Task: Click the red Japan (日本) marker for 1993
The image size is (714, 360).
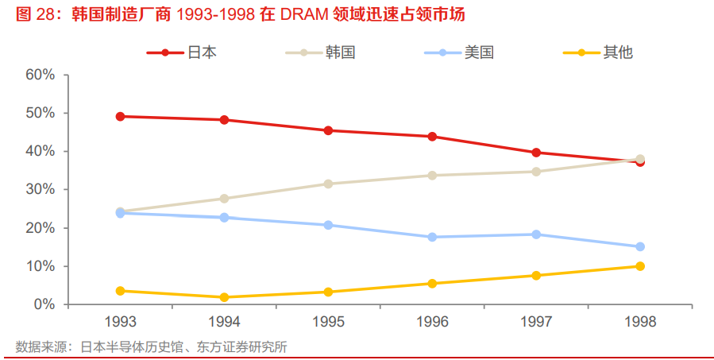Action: [x=121, y=116]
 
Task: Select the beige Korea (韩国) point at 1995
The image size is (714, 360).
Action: [x=328, y=184]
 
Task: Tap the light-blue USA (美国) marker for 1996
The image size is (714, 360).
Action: [x=432, y=237]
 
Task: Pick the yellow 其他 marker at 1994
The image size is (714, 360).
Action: [x=225, y=297]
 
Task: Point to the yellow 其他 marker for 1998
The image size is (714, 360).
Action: [x=640, y=266]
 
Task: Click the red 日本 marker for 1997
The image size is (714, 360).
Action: [x=536, y=153]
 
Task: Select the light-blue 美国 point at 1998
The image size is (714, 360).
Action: [x=640, y=246]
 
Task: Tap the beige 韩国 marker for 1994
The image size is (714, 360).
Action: [x=225, y=199]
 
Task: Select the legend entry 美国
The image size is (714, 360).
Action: [x=479, y=52]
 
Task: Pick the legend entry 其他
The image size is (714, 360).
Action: [x=617, y=52]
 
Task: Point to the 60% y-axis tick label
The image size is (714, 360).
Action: [x=40, y=75]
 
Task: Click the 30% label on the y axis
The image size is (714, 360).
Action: [x=40, y=189]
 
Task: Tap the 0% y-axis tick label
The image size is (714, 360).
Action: [x=43, y=304]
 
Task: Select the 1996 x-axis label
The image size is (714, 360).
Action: [x=432, y=322]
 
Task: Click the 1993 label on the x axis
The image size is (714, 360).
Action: [x=121, y=322]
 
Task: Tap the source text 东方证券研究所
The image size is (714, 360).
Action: [x=246, y=346]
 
